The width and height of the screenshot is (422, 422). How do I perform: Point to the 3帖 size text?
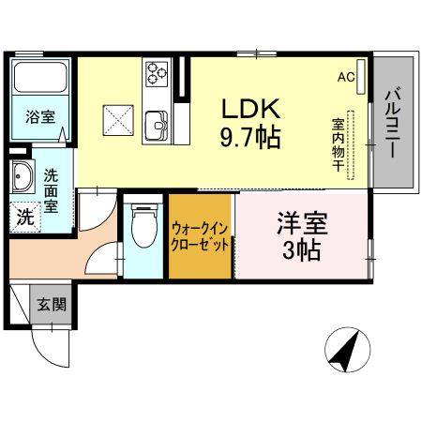(300, 250)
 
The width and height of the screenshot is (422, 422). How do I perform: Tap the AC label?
(345, 77)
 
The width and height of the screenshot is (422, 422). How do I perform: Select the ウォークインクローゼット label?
(200, 234)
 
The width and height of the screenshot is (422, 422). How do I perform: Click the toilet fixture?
(143, 225)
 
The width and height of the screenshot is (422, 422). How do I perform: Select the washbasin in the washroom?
(22, 175)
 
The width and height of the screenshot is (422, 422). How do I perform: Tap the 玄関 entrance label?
(52, 304)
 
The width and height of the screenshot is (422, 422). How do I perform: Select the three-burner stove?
(155, 72)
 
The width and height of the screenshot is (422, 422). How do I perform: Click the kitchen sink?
(156, 122)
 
